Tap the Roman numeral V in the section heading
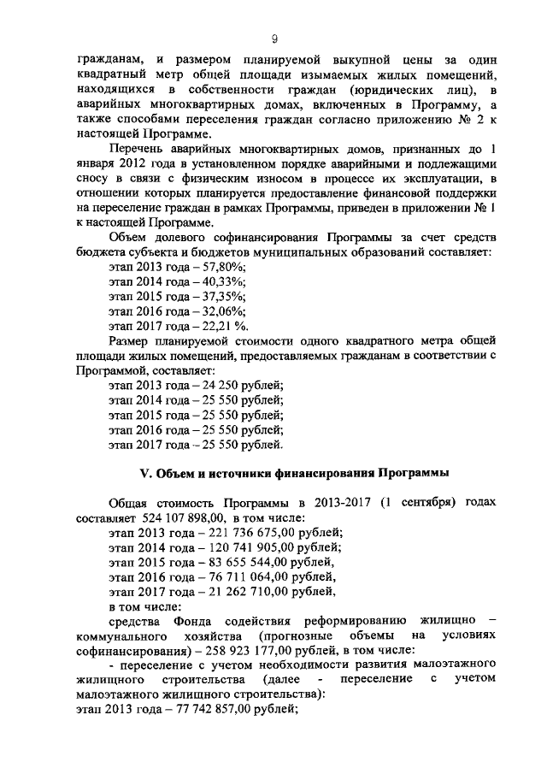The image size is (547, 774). (145, 474)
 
